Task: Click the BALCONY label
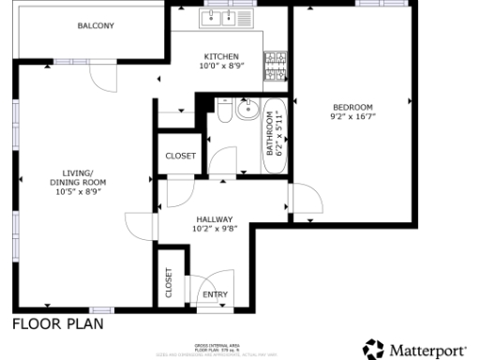[x=96, y=26]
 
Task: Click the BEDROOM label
[x=352, y=107]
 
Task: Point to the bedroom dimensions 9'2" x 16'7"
[x=352, y=117]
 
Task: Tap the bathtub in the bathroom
[x=277, y=136]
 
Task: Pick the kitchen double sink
[x=221, y=17]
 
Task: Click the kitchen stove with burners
[x=275, y=65]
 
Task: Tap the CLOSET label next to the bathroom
[x=180, y=156]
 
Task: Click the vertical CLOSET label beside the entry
[x=169, y=282]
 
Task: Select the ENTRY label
[x=215, y=294]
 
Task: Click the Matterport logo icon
[x=374, y=349]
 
